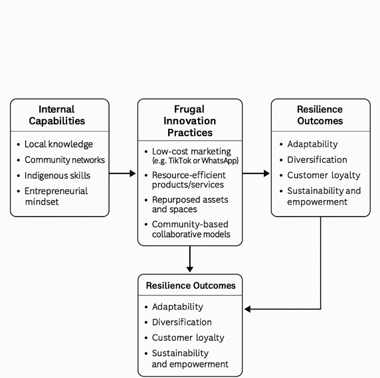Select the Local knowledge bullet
(x=58, y=144)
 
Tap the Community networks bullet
(x=64, y=160)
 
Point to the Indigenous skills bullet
(x=57, y=176)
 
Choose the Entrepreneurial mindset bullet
(x=56, y=196)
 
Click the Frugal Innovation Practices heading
(x=189, y=121)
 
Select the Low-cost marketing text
(x=191, y=151)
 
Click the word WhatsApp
(x=222, y=161)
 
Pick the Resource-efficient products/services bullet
(x=188, y=179)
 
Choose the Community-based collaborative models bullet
(x=191, y=229)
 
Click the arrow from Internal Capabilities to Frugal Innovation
(x=122, y=173)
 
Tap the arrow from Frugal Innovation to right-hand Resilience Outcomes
(x=256, y=173)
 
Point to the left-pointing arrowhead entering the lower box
(x=248, y=309)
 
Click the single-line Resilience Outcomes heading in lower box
(x=190, y=286)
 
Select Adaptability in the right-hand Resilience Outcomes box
(x=312, y=144)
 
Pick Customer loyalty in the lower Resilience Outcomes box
(x=188, y=337)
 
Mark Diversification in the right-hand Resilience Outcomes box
(x=317, y=160)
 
